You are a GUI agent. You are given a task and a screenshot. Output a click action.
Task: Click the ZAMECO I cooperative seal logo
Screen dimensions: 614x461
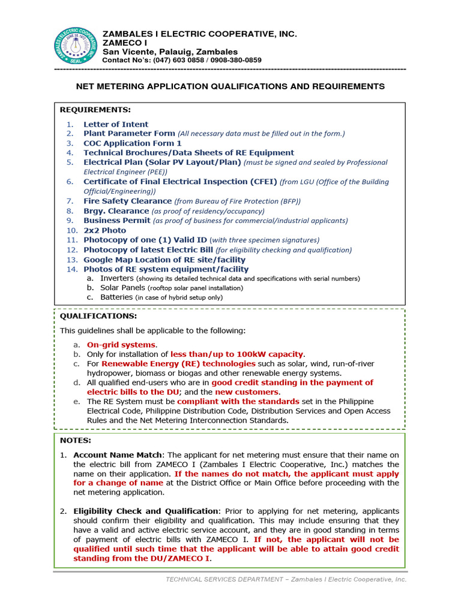pyautogui.click(x=74, y=46)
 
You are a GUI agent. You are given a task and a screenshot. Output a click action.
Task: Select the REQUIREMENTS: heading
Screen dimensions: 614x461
pyautogui.click(x=95, y=110)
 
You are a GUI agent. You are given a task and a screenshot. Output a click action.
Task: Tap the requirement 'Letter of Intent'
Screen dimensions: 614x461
pyautogui.click(x=116, y=124)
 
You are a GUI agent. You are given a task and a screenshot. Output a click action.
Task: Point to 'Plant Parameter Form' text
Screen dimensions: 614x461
pyautogui.click(x=129, y=134)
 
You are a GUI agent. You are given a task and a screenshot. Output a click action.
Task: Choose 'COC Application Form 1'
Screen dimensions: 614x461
pyautogui.click(x=132, y=143)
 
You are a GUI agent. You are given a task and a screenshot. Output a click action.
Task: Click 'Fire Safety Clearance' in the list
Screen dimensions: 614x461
pyautogui.click(x=127, y=201)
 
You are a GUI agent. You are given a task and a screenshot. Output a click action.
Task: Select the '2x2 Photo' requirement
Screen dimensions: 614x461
pyautogui.click(x=104, y=230)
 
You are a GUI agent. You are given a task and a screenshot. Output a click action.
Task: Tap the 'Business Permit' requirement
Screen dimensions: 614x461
pyautogui.click(x=117, y=221)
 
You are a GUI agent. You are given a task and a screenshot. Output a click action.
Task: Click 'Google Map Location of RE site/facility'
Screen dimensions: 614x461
pyautogui.click(x=164, y=260)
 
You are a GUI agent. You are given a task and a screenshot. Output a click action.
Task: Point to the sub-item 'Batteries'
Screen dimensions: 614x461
pyautogui.click(x=116, y=297)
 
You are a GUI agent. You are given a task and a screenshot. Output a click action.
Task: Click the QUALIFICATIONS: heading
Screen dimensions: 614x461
pyautogui.click(x=98, y=316)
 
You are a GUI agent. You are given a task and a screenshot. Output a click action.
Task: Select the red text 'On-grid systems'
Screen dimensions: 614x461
pyautogui.click(x=121, y=345)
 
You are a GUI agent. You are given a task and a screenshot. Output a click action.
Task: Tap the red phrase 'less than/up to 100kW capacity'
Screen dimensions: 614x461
pyautogui.click(x=237, y=354)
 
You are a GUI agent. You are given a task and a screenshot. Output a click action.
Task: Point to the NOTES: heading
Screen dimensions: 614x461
pyautogui.click(x=75, y=440)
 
